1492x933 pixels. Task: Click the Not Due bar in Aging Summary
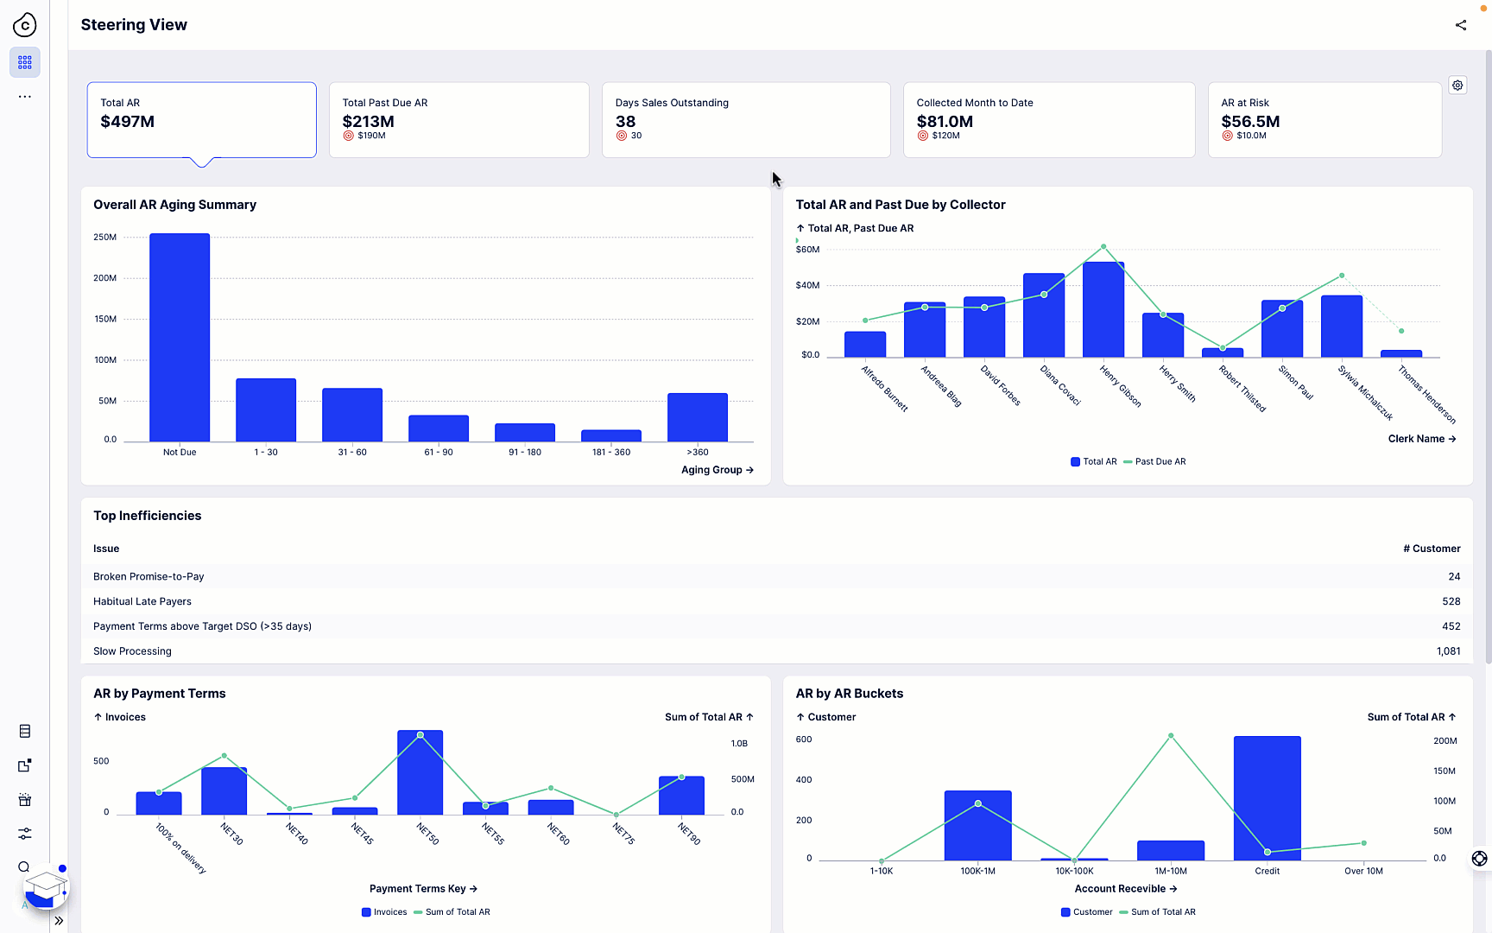click(x=180, y=338)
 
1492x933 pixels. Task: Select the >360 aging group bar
click(x=697, y=417)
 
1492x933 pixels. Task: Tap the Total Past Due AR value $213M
click(x=368, y=122)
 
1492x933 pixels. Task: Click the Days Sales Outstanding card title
click(x=671, y=103)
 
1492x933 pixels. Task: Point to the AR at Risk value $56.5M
click(x=1249, y=122)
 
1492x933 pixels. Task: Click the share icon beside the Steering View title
click(x=1460, y=25)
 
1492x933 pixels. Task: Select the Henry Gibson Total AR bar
click(x=1103, y=310)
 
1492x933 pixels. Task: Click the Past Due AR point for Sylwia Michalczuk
click(x=1341, y=276)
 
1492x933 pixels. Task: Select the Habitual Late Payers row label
click(x=142, y=601)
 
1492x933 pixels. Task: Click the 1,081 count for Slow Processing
click(x=1448, y=651)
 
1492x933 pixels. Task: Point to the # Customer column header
click(x=1431, y=549)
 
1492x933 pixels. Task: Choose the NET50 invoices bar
click(x=420, y=773)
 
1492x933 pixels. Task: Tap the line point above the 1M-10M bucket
click(x=1170, y=736)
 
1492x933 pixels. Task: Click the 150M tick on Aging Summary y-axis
click(x=105, y=319)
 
